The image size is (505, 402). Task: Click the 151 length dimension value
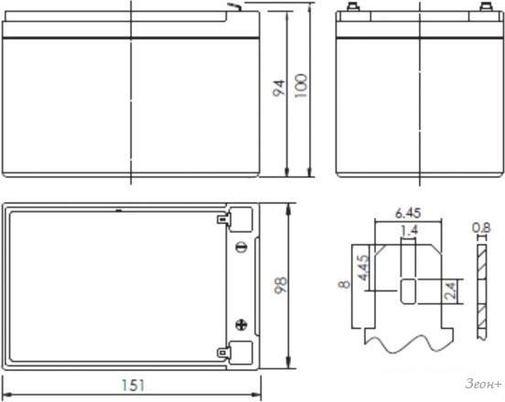[134, 386]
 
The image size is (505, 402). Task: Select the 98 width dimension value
[280, 285]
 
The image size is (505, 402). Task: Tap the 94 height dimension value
[279, 88]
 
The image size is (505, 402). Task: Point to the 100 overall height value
[301, 86]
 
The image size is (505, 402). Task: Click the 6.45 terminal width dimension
[408, 213]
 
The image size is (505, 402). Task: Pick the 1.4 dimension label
[409, 229]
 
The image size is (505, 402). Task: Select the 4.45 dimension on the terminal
[363, 268]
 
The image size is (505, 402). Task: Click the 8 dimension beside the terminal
[344, 284]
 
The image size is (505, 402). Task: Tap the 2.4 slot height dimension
[450, 291]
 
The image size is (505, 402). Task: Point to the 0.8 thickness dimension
[481, 227]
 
